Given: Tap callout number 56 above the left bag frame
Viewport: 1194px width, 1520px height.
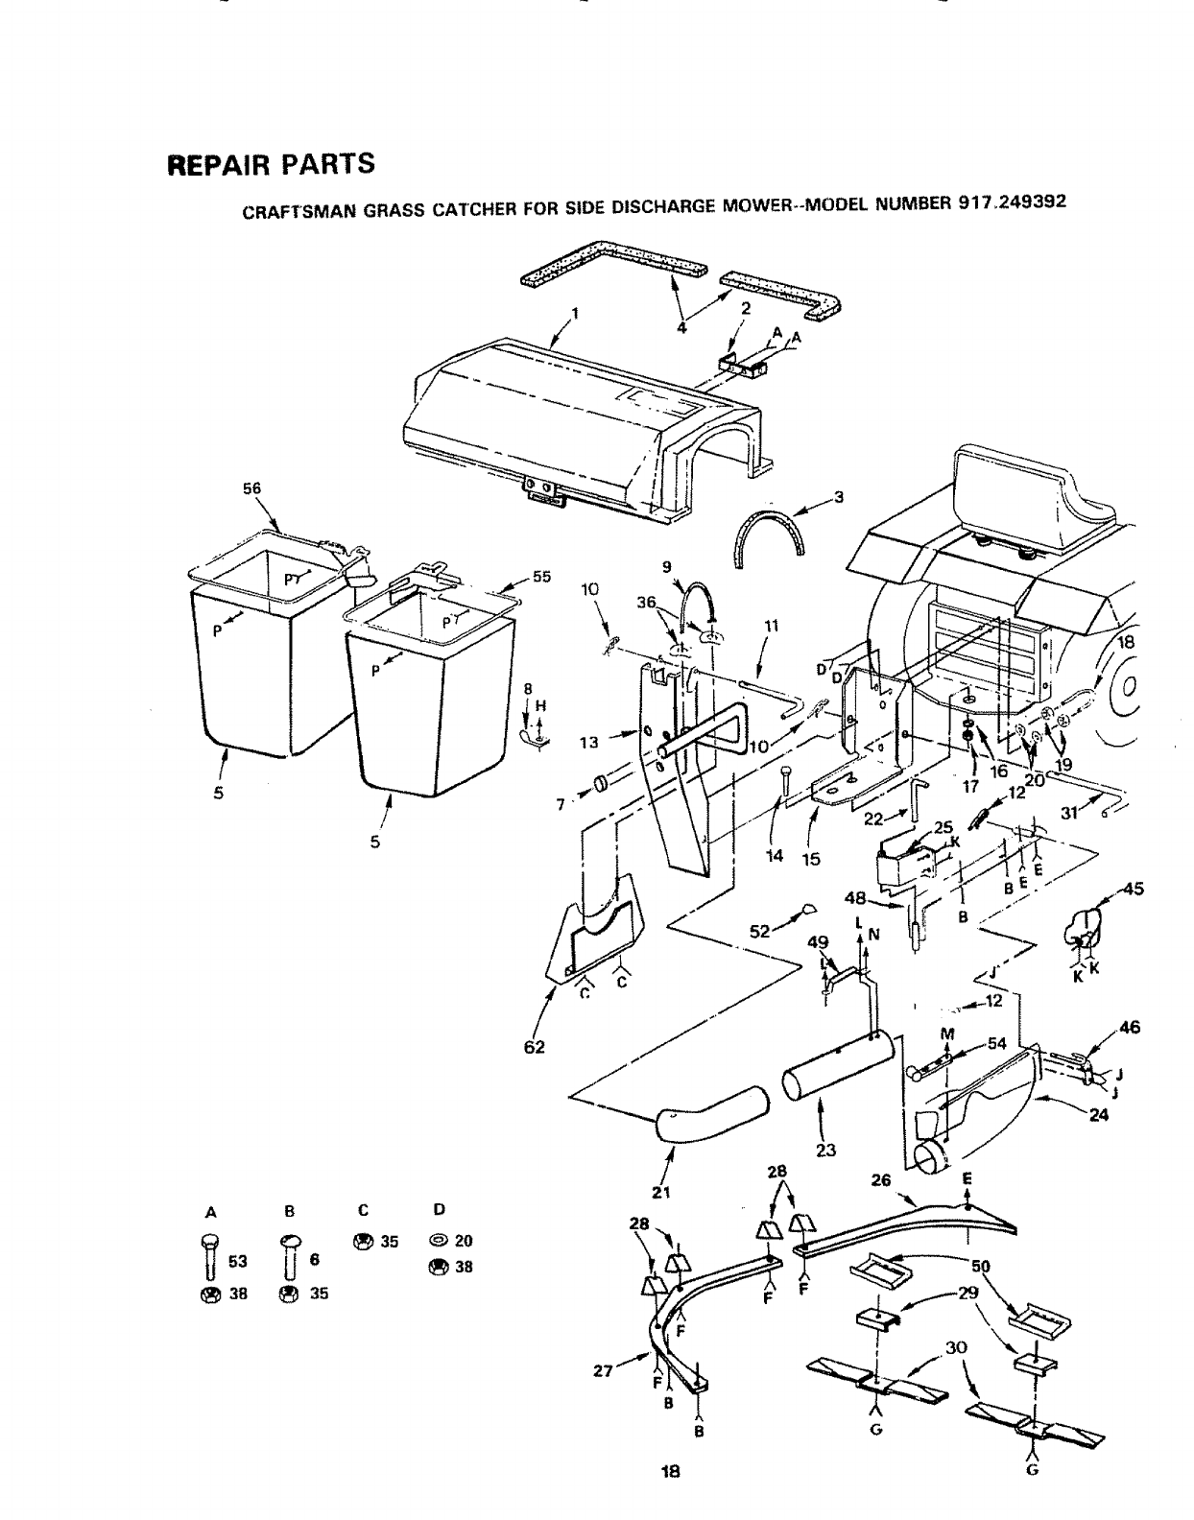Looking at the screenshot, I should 251,488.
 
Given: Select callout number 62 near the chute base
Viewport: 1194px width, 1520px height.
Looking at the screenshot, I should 535,1047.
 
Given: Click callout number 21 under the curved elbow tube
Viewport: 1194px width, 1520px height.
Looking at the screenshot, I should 660,1193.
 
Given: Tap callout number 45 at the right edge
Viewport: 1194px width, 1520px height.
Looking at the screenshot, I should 1133,888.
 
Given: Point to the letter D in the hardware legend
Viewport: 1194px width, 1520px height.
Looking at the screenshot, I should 438,1208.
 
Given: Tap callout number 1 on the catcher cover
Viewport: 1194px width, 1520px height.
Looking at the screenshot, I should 575,313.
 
